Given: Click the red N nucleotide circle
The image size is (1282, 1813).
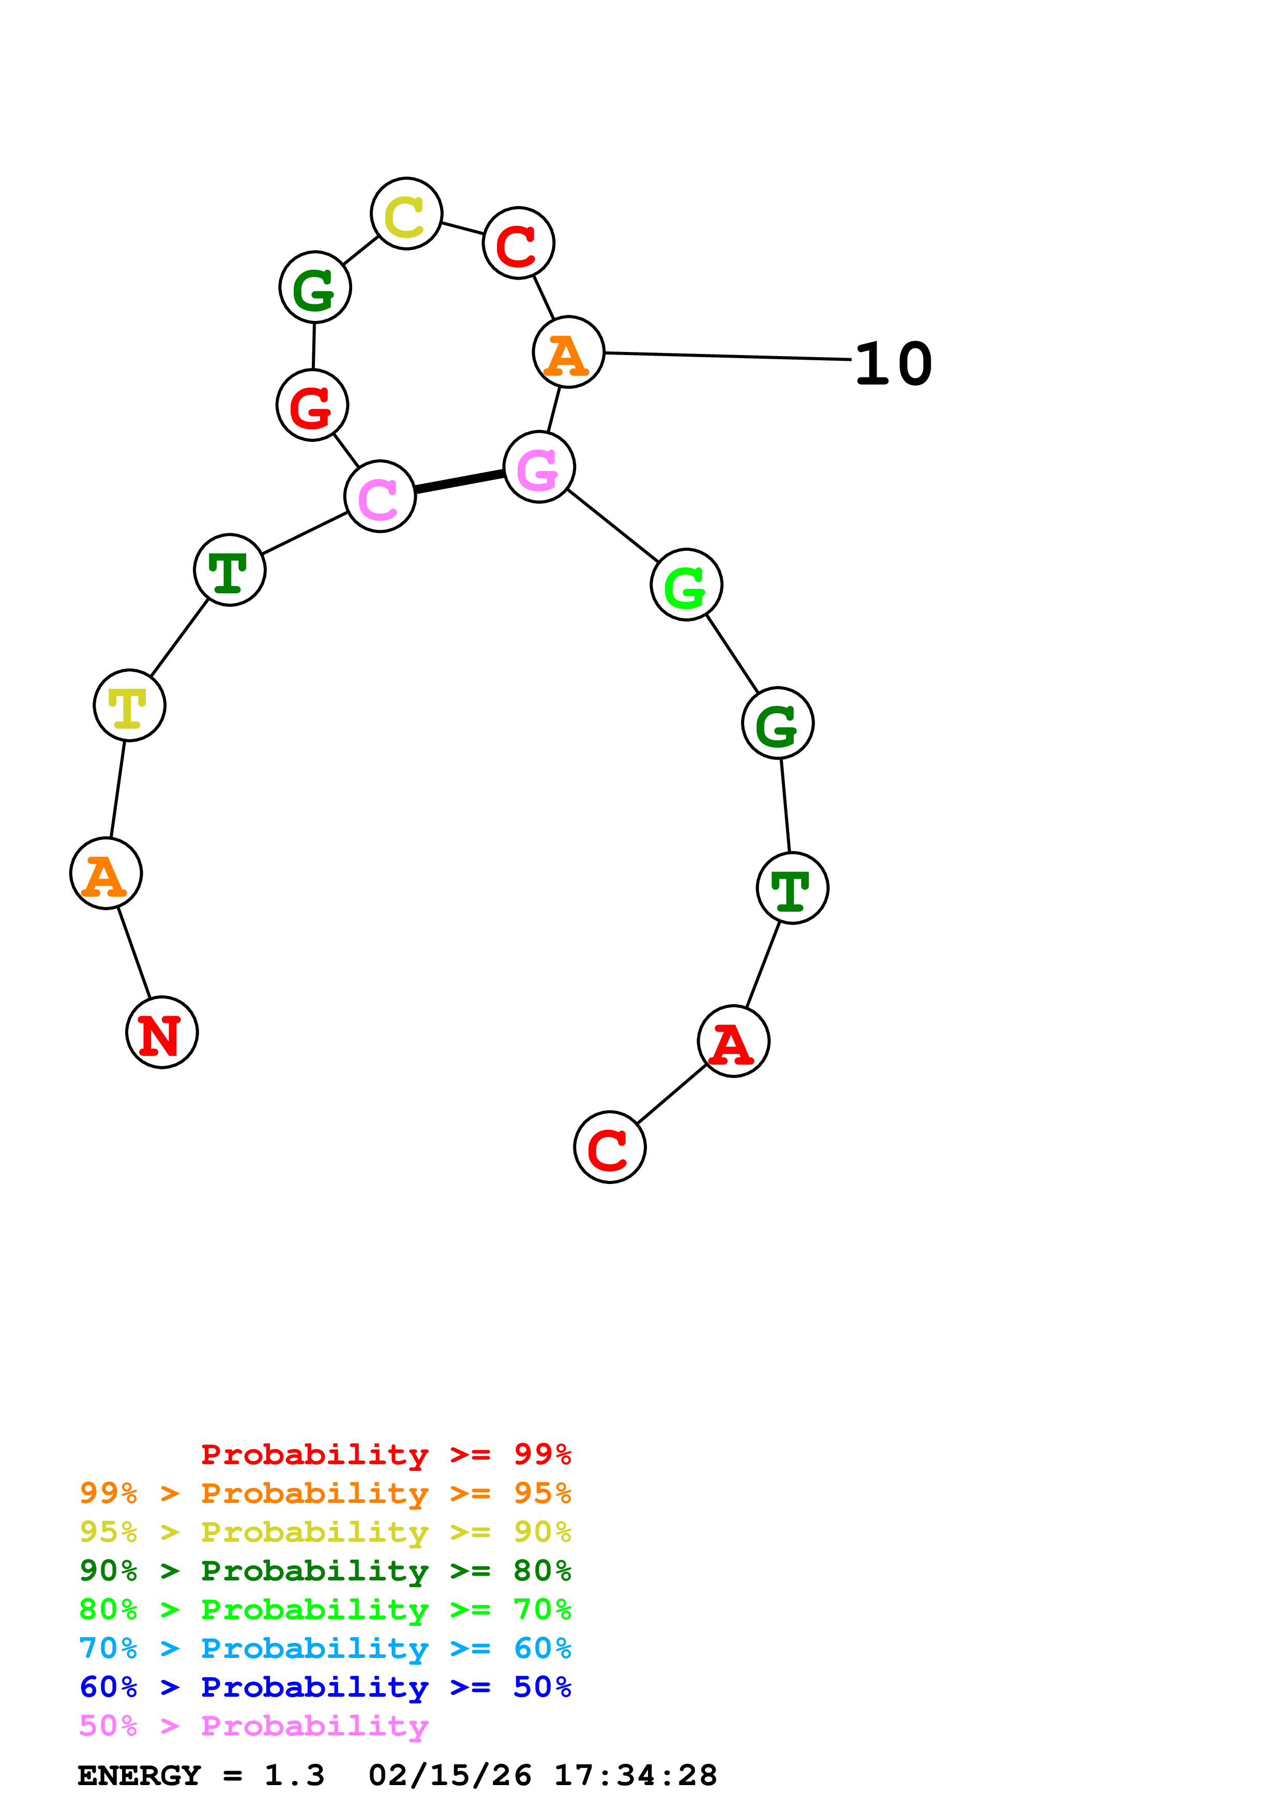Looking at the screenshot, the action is [x=162, y=1032].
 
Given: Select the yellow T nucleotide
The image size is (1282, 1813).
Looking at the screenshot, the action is [x=129, y=705].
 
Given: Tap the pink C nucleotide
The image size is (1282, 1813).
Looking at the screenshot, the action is [x=380, y=496].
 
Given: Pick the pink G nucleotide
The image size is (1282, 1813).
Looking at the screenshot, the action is [x=539, y=467].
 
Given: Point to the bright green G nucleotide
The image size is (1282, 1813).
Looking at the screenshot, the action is [x=686, y=585].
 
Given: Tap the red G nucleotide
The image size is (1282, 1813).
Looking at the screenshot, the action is [x=312, y=405].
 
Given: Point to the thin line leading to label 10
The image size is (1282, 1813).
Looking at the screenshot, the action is [x=727, y=356].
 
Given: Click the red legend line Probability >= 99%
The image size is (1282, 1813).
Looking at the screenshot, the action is [x=385, y=1454].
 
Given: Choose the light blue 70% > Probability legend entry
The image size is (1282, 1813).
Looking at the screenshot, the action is [x=325, y=1648].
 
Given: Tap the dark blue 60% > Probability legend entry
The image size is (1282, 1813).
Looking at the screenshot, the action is [x=325, y=1687].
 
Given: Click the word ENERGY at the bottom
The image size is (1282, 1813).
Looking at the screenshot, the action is [x=139, y=1775].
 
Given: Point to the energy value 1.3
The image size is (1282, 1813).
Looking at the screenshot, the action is [x=294, y=1775].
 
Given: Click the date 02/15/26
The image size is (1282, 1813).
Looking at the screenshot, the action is [x=449, y=1775].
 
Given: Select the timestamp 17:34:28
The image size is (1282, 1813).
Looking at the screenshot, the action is [x=635, y=1775].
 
